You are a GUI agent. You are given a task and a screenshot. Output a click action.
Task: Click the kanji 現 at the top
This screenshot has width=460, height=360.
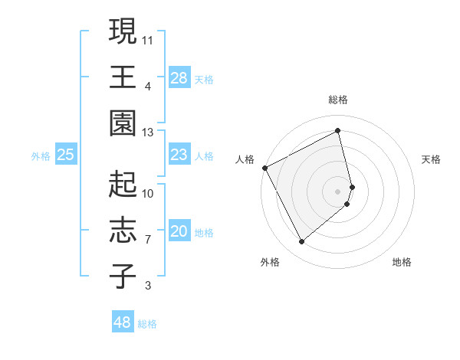[123, 31]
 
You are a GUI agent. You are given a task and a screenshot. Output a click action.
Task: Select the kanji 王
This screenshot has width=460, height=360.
[123, 77]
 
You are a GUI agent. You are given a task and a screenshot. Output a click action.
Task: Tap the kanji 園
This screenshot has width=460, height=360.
[123, 123]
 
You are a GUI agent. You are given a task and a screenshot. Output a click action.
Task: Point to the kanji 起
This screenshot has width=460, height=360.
[123, 185]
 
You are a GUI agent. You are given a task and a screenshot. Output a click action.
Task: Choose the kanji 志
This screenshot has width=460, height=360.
[123, 231]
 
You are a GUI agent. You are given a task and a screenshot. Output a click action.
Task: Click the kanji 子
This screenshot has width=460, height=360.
[123, 277]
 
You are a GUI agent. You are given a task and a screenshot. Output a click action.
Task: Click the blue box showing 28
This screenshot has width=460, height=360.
[179, 78]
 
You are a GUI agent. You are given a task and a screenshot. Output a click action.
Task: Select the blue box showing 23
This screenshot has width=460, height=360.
[179, 155]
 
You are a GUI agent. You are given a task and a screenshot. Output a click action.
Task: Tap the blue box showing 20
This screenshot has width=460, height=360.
[179, 232]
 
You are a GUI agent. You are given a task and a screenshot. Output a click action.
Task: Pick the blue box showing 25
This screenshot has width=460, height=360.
[66, 155]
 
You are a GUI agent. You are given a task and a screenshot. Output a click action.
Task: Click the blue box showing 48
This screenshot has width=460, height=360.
[123, 322]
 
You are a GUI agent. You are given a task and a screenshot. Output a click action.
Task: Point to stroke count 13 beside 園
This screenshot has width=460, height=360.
[149, 133]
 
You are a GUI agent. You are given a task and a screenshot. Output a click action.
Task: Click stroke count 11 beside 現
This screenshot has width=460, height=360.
[149, 39]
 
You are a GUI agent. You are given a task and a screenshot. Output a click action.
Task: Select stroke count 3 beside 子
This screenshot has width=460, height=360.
[148, 286]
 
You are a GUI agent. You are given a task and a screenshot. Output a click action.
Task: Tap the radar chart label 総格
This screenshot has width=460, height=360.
[338, 100]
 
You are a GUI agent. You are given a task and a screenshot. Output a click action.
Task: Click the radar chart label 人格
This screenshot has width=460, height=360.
[245, 159]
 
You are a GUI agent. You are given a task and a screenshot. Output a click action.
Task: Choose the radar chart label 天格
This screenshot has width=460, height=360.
[432, 159]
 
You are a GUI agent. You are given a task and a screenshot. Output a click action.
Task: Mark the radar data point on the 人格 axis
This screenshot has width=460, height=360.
[264, 167]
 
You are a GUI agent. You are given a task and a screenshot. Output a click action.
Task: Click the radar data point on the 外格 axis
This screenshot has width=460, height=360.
[301, 241]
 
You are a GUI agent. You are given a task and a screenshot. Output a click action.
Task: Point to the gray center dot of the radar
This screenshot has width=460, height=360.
[338, 191]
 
